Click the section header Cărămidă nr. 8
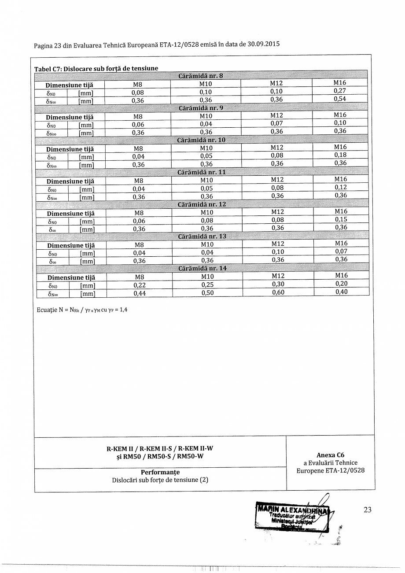point(201,76)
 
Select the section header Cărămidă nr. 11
point(201,172)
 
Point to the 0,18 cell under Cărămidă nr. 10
point(340,155)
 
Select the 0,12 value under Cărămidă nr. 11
point(341,187)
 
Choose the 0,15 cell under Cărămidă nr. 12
point(341,219)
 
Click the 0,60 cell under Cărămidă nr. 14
point(278,292)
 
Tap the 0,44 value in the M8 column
point(140,293)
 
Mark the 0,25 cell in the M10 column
point(207,285)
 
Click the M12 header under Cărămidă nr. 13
point(277,244)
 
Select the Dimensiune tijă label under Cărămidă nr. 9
point(70,117)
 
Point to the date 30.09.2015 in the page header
point(263,44)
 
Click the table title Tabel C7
point(48,68)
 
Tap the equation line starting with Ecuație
point(82,310)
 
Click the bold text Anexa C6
point(330,455)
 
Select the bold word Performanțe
point(160,472)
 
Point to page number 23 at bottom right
point(368,510)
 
